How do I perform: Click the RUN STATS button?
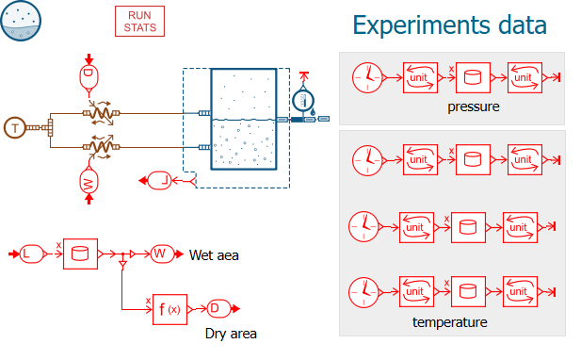(139, 21)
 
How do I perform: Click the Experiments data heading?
(449, 25)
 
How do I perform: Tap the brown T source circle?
(14, 128)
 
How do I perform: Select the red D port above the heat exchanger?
(89, 77)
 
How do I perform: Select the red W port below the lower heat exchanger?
(89, 182)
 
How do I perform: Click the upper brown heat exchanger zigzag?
(101, 113)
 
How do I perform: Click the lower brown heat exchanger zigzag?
(101, 147)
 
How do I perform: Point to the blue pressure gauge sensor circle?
(303, 101)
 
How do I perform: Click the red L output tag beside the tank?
(160, 181)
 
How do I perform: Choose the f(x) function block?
(170, 309)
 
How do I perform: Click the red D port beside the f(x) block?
(218, 308)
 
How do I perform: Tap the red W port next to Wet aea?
(162, 254)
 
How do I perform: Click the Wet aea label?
(214, 255)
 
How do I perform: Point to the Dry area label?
(231, 334)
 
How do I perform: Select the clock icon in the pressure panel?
(367, 77)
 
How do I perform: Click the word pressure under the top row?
(473, 106)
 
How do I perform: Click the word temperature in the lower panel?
(450, 322)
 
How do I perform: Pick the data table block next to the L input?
(80, 254)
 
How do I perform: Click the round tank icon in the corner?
(21, 21)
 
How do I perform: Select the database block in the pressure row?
(473, 77)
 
